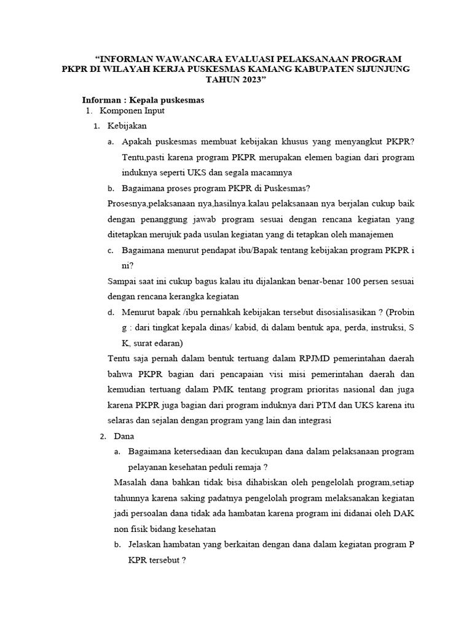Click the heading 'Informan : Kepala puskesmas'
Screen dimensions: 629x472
click(x=143, y=100)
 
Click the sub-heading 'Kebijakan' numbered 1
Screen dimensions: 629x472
click(x=127, y=126)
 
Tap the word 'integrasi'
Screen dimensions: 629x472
click(x=312, y=421)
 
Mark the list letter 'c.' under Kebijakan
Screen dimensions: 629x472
click(x=111, y=251)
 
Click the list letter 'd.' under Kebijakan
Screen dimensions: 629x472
click(x=111, y=313)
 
